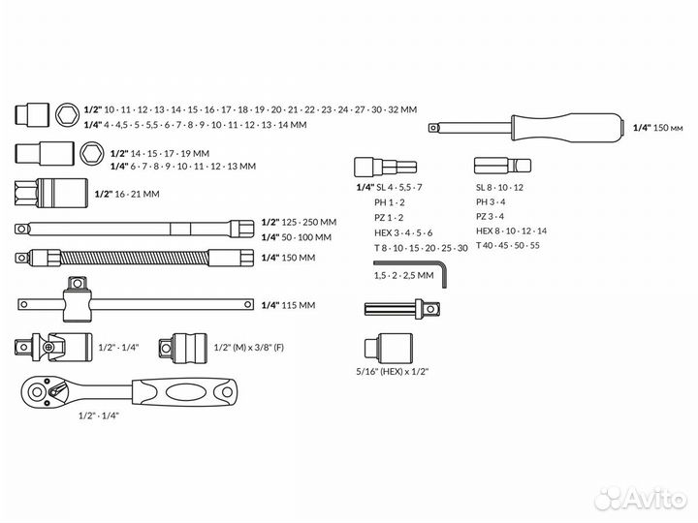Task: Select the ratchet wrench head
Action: pos(44,391)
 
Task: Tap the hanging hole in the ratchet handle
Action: pos(227,392)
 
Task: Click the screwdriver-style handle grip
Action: pos(567,128)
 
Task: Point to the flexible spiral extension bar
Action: pos(134,258)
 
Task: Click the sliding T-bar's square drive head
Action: pos(77,284)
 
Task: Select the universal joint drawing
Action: pos(53,347)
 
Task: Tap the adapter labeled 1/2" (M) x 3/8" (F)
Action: pos(183,348)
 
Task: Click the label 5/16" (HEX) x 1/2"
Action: pos(393,371)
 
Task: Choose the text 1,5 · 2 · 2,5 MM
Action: pos(403,275)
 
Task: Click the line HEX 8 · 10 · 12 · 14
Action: pos(511,231)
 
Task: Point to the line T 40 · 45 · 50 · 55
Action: pos(507,245)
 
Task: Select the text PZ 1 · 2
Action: pos(389,218)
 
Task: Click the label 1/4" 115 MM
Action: pos(288,305)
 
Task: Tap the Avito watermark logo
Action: pos(640,498)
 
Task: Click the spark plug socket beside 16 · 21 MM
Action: pos(51,194)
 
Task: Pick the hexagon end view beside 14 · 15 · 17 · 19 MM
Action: pos(92,153)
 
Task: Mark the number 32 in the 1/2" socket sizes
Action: pos(394,109)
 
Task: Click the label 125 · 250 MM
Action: pos(309,222)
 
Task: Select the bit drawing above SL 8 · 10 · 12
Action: pos(502,167)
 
